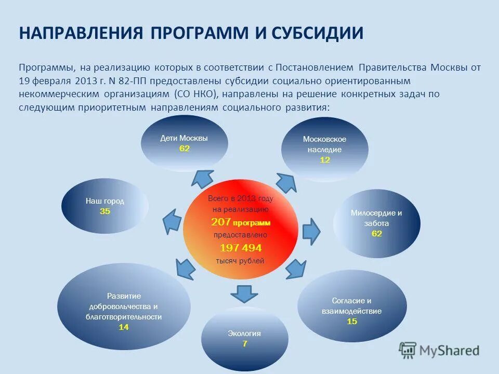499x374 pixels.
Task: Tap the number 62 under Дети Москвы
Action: point(185,148)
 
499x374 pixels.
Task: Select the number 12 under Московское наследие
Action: point(325,160)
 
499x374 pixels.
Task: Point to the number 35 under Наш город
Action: point(105,211)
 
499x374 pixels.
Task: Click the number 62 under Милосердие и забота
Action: point(376,234)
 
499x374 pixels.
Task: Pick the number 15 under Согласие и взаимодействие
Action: point(352,321)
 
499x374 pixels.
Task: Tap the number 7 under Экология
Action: point(244,344)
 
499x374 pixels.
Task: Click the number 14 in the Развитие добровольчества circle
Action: point(124,327)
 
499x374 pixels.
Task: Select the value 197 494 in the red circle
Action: point(241,248)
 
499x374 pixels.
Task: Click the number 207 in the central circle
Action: point(221,222)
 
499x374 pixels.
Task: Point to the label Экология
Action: point(244,333)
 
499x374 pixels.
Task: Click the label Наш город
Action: point(105,201)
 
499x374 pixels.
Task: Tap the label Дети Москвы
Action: point(184,138)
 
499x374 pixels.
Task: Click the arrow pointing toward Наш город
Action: point(172,221)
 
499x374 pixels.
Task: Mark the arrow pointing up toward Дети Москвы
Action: point(200,178)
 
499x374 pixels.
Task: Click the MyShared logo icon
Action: point(408,351)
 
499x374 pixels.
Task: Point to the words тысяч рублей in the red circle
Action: point(240,261)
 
